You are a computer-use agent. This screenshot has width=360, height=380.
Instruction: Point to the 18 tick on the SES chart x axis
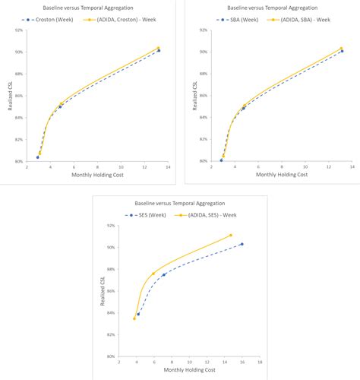pyautogui.click(x=260, y=363)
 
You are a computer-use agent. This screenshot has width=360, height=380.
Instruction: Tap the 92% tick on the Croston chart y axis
pyautogui.click(x=17, y=30)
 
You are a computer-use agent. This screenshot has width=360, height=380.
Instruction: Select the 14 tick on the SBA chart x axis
pyautogui.click(x=352, y=166)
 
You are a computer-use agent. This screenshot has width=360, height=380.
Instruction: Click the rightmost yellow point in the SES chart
pyautogui.click(x=231, y=235)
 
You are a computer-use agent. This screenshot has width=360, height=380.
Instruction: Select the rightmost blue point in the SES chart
pyautogui.click(x=242, y=244)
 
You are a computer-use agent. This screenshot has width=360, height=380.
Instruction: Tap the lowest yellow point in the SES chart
pyautogui.click(x=134, y=318)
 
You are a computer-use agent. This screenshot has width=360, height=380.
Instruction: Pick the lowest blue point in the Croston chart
pyautogui.click(x=37, y=157)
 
